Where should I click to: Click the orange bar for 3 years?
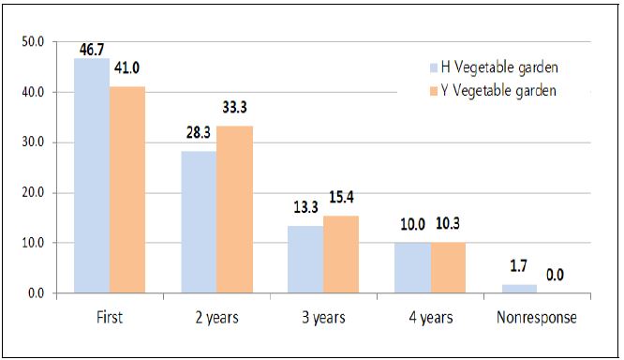[341, 254]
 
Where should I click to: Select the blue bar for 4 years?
[412, 268]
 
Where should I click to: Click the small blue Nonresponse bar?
[519, 289]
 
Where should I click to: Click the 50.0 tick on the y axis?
[34, 42]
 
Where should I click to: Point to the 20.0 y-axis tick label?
[34, 193]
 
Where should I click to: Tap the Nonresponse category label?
[537, 317]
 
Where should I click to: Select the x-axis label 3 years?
[323, 317]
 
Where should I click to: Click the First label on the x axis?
[110, 317]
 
